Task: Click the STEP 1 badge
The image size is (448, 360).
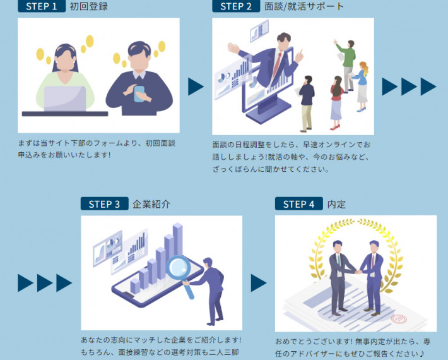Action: click(x=42, y=6)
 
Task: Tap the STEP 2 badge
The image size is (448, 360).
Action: click(x=236, y=6)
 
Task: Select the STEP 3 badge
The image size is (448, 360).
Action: click(x=104, y=204)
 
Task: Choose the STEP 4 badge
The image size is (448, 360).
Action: click(x=298, y=204)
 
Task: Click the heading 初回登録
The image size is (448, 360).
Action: click(x=90, y=6)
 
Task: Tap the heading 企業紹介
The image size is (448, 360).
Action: click(x=151, y=204)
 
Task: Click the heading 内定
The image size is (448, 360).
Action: click(x=336, y=204)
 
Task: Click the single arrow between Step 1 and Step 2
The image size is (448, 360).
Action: click(x=196, y=87)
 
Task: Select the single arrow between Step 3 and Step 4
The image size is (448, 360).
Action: click(x=258, y=283)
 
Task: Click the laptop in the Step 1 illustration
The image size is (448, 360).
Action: click(x=64, y=98)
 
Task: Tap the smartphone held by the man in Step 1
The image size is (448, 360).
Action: click(x=139, y=93)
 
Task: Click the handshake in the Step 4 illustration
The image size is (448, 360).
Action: click(x=358, y=272)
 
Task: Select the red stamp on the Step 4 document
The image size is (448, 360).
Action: click(x=398, y=320)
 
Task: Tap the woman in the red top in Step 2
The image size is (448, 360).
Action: click(x=336, y=95)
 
